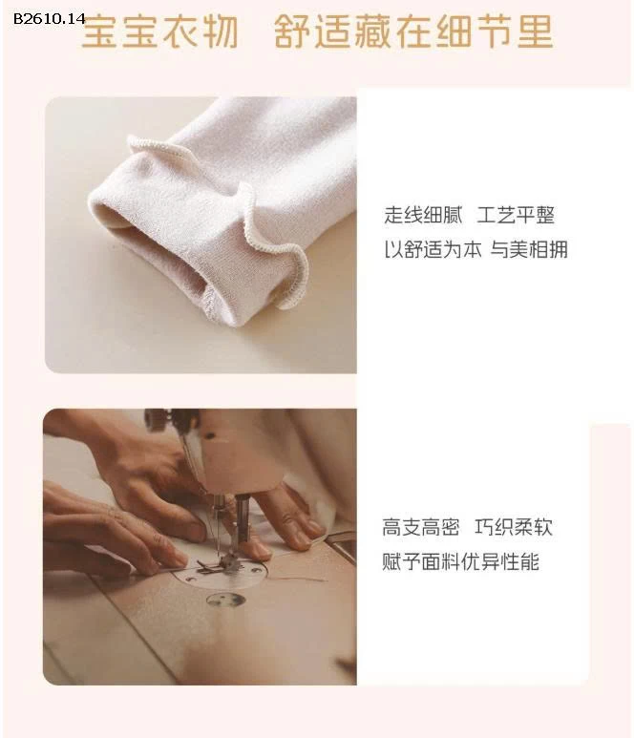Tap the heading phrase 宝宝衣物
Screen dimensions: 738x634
pyautogui.click(x=159, y=32)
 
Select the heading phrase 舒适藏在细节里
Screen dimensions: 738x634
pyautogui.click(x=412, y=32)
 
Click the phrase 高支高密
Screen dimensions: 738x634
pyautogui.click(x=421, y=527)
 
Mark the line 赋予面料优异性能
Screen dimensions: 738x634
pyautogui.click(x=460, y=561)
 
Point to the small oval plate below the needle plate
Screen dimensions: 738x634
pyautogui.click(x=226, y=601)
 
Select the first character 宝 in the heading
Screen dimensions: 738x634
pyautogui.click(x=98, y=32)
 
